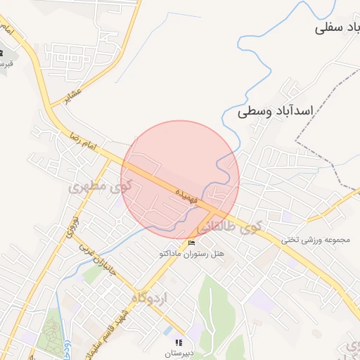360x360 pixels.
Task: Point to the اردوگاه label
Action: pos(149,298)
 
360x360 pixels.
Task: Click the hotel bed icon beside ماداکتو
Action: pos(192,243)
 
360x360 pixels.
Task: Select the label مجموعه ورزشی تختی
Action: pos(316,240)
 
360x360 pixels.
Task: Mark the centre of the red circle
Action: pos(181,179)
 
